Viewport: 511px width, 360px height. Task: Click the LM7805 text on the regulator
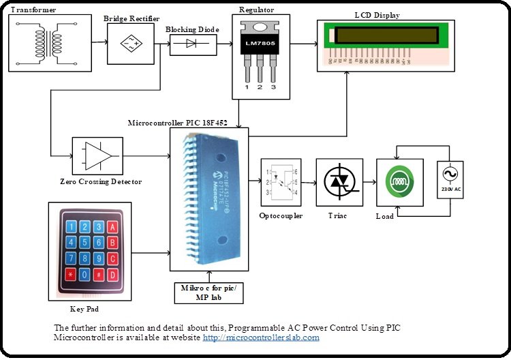point(259,44)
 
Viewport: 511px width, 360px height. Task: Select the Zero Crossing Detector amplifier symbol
point(97,156)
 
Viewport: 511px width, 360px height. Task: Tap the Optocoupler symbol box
point(281,183)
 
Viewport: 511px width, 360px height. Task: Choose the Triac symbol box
point(339,182)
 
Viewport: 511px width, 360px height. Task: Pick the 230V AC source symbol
point(450,180)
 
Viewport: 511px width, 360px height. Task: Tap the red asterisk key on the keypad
point(70,274)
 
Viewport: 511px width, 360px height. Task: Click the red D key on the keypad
point(113,274)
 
